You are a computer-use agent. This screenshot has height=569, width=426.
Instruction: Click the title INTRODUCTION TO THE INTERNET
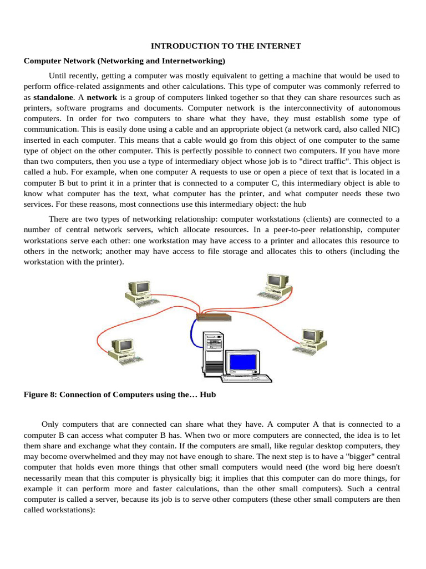[226, 46]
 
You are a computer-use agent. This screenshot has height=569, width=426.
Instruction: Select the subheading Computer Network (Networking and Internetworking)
[124, 61]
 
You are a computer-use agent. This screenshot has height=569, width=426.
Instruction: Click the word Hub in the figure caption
[207, 395]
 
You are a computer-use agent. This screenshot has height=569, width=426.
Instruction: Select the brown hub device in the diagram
[214, 317]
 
